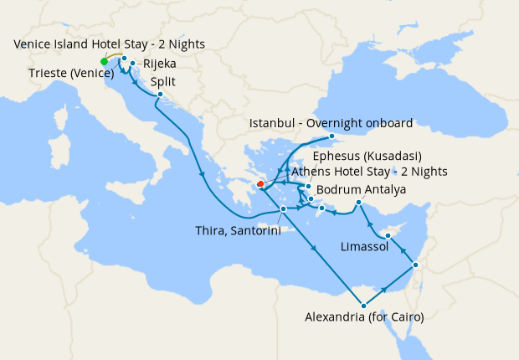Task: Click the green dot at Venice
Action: pyautogui.click(x=104, y=61)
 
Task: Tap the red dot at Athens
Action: pyautogui.click(x=260, y=184)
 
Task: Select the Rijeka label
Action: pyautogui.click(x=159, y=63)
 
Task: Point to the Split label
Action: pyautogui.click(x=163, y=82)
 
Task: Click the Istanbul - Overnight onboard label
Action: pyautogui.click(x=331, y=123)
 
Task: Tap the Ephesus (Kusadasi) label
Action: pyautogui.click(x=366, y=157)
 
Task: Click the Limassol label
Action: pyautogui.click(x=364, y=247)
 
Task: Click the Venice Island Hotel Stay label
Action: pyautogui.click(x=109, y=44)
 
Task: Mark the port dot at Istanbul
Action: pyautogui.click(x=331, y=136)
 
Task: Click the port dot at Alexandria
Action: pyautogui.click(x=363, y=305)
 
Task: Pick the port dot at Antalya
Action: pyautogui.click(x=358, y=203)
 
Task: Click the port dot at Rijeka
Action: pyautogui.click(x=133, y=63)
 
